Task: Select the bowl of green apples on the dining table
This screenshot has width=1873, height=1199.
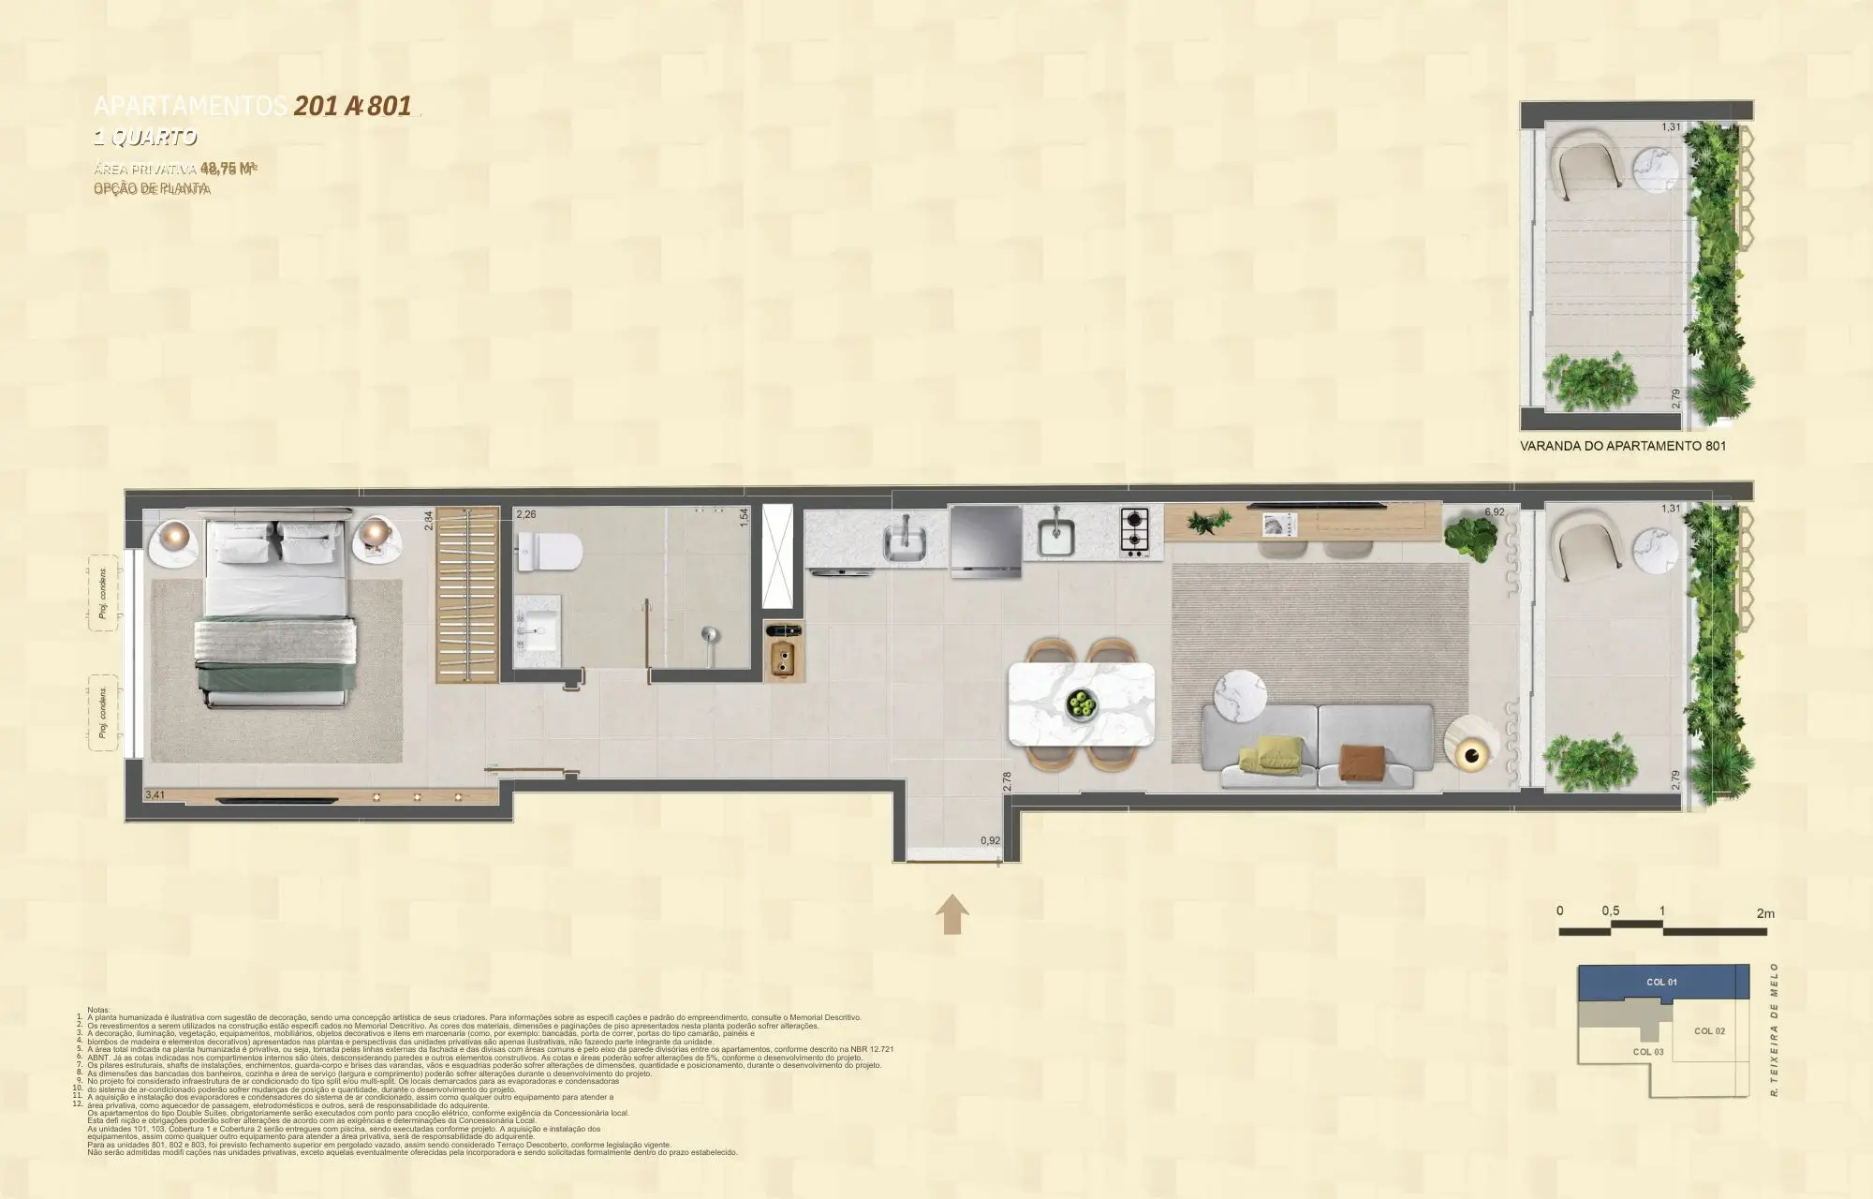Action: pyautogui.click(x=1083, y=703)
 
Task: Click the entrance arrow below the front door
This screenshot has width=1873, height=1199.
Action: pyautogui.click(x=952, y=913)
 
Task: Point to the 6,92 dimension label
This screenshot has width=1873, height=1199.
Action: pyautogui.click(x=1494, y=513)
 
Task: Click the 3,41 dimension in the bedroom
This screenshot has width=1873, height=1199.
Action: pyautogui.click(x=155, y=795)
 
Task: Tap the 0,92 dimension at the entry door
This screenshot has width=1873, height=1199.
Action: pyautogui.click(x=990, y=840)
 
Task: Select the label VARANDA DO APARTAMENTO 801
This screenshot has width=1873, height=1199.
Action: pyautogui.click(x=1622, y=447)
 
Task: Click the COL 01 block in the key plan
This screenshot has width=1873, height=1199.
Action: pyautogui.click(x=1661, y=982)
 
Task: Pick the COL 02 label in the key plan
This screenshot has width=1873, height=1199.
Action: pyautogui.click(x=1709, y=1030)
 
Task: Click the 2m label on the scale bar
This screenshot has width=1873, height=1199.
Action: pyautogui.click(x=1765, y=913)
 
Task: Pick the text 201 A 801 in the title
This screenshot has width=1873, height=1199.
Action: pyautogui.click(x=353, y=106)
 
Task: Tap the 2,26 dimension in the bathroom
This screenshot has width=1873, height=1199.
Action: pyautogui.click(x=526, y=514)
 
